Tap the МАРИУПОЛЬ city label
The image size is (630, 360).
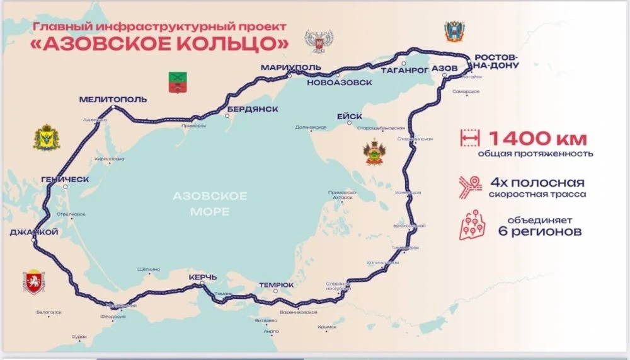(x=290, y=67)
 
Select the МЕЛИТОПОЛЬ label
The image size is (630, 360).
(x=113, y=100)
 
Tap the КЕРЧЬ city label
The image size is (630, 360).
(x=202, y=277)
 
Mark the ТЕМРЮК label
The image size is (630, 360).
(x=276, y=285)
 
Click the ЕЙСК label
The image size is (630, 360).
(x=349, y=117)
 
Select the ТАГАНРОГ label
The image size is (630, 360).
(x=405, y=71)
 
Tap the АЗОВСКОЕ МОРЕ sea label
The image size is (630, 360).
(x=210, y=204)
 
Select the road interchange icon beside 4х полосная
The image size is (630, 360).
(x=469, y=187)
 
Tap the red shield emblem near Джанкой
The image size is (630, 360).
(x=31, y=281)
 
